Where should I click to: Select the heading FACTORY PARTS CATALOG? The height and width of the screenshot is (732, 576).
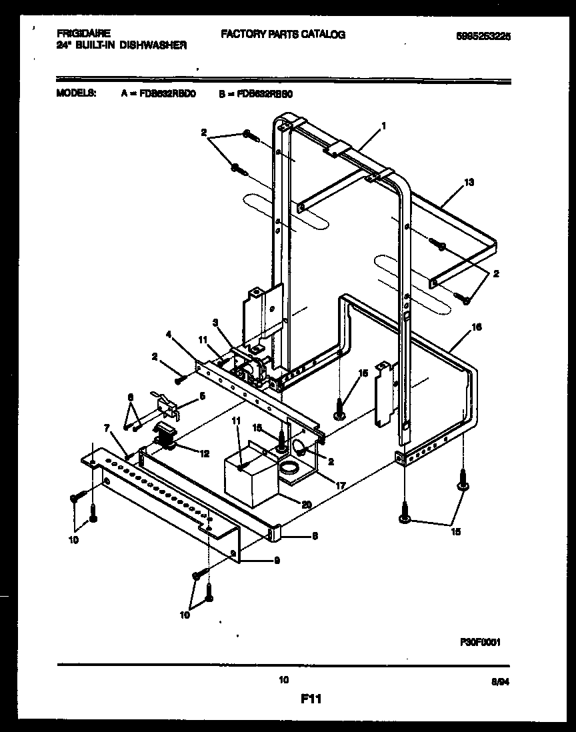tap(283, 34)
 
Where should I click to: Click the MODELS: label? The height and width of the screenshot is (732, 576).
tap(76, 94)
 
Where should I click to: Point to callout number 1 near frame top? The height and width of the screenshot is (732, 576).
tap(383, 125)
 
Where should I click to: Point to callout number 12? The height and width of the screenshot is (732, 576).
tap(204, 453)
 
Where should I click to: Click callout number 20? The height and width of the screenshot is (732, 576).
tap(306, 505)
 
